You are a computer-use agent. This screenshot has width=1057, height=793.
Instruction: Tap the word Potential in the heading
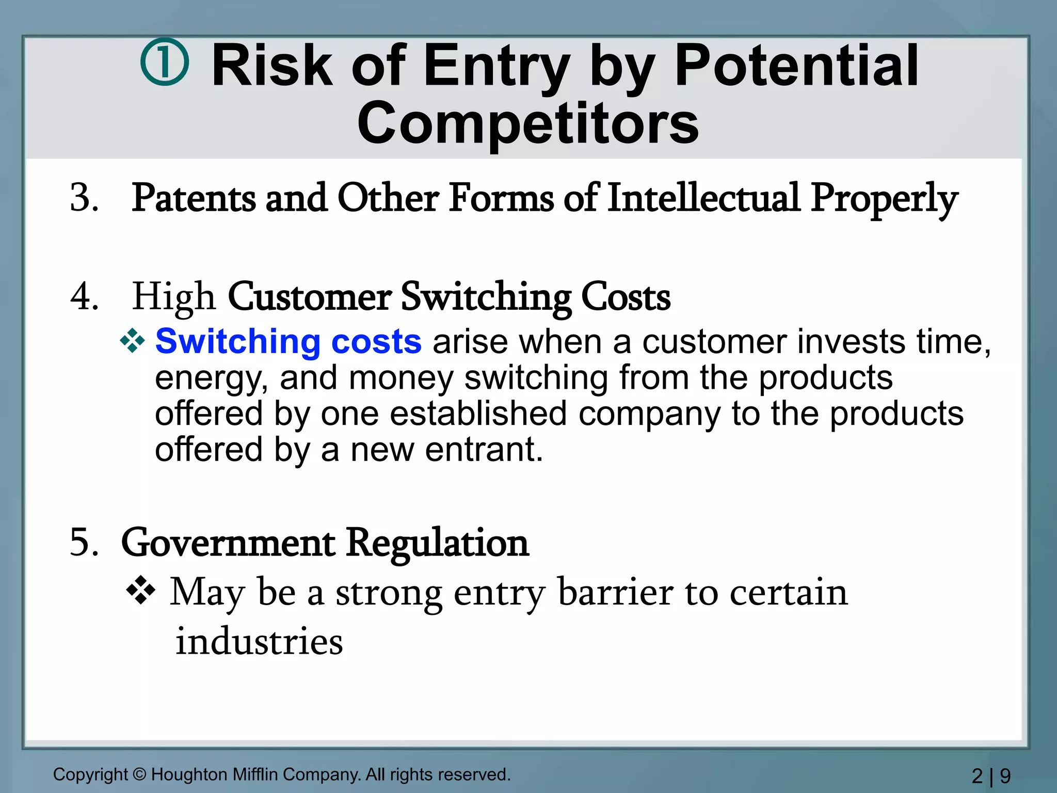[x=796, y=66]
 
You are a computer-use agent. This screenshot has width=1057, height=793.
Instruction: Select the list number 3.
[x=84, y=198]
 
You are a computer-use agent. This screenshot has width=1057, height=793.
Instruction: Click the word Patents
[x=194, y=198]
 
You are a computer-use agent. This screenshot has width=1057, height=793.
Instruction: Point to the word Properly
[x=884, y=199]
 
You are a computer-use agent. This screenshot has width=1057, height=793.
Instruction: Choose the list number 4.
[x=84, y=297]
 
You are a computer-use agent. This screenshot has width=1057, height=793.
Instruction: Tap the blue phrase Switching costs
[x=288, y=342]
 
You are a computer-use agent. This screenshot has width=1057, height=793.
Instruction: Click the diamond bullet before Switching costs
[x=132, y=341]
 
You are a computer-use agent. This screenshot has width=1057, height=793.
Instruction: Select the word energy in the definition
[x=211, y=378]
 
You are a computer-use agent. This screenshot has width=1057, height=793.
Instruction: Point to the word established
[x=478, y=414]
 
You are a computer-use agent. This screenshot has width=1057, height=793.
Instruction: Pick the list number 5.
[x=84, y=543]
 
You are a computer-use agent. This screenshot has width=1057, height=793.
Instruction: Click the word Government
[x=228, y=543]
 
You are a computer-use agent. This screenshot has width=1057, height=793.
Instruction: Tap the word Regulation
[x=437, y=543]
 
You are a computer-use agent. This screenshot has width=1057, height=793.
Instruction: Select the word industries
[x=259, y=642]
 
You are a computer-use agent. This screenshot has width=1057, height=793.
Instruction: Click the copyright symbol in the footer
[x=139, y=774]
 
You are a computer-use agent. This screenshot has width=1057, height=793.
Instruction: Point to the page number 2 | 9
[x=991, y=776]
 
